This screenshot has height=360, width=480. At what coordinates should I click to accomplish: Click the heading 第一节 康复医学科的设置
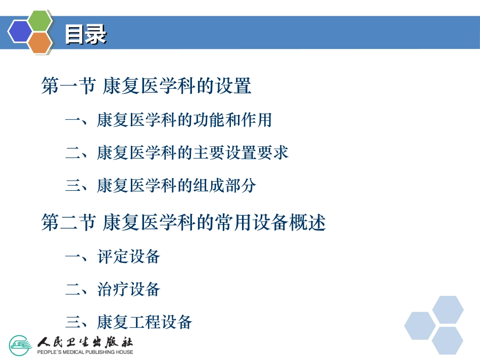[x=147, y=86]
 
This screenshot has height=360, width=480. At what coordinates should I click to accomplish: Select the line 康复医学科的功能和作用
[x=184, y=120]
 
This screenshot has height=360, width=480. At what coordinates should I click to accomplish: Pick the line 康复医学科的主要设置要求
[x=193, y=152]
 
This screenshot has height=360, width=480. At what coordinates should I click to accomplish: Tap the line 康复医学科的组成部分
[x=176, y=186]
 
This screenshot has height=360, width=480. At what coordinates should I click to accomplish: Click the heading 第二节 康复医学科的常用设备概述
[x=183, y=222]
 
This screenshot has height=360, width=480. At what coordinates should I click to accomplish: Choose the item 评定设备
[x=128, y=256]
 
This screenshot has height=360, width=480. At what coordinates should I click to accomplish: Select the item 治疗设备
[x=128, y=289]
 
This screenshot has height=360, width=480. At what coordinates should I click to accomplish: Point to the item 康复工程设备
[x=145, y=322]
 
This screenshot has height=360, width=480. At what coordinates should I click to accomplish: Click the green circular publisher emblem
[x=21, y=345]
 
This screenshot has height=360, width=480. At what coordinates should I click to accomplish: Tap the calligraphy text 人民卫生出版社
[x=85, y=341]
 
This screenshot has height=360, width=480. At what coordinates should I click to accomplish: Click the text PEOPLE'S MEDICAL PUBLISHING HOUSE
[x=85, y=352]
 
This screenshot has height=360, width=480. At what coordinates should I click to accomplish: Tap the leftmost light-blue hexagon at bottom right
[x=420, y=326]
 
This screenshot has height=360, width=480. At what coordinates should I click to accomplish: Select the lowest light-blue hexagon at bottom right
[x=447, y=340]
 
